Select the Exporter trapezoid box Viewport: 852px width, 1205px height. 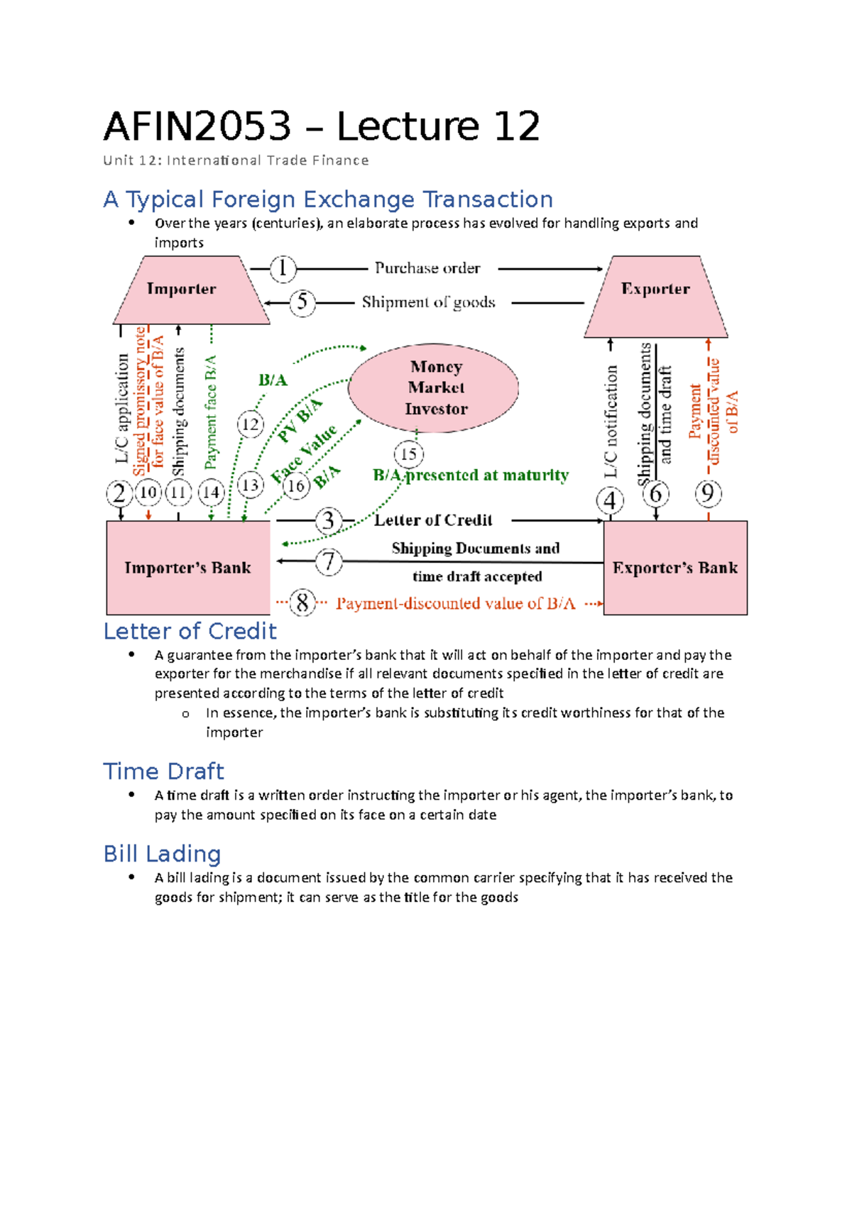coord(655,296)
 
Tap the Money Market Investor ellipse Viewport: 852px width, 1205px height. coord(434,387)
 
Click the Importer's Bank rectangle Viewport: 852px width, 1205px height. coord(188,568)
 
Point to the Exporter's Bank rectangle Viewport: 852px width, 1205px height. coord(674,568)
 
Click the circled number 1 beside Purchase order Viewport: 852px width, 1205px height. coord(283,268)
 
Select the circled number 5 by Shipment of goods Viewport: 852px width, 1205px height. coord(302,302)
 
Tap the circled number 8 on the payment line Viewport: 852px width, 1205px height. coord(302,603)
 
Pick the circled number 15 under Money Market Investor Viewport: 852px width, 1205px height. coord(408,454)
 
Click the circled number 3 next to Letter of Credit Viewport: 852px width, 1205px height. coord(328,521)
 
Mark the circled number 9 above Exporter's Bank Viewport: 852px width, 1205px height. coord(708,493)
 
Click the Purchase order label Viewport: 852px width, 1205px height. coord(427,268)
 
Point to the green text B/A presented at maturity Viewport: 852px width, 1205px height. coord(471,475)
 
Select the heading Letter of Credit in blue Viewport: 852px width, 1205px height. coord(190,631)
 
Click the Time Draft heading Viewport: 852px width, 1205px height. coord(163,771)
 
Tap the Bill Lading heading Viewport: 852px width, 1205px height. coord(162,854)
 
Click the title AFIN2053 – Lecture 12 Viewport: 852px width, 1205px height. coord(322,127)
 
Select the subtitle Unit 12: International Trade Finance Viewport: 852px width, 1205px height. coord(236,160)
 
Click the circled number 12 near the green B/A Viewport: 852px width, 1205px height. coord(250,425)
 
